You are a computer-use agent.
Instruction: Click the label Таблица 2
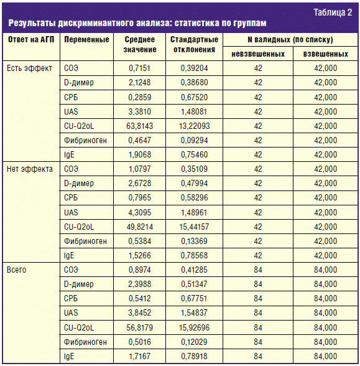tap(333, 12)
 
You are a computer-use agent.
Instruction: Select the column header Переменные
tap(86, 39)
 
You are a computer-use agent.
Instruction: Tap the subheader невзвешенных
tap(258, 54)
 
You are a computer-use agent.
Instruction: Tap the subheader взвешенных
tap(326, 54)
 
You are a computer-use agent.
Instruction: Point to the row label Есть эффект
tap(29, 68)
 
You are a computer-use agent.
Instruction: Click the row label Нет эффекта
tap(30, 169)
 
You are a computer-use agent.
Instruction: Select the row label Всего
tap(16, 270)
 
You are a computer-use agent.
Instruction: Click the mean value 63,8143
tap(140, 126)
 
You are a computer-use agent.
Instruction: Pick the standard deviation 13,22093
tap(194, 126)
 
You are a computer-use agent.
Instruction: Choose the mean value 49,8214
tap(140, 227)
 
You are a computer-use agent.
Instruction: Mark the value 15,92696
tap(194, 327)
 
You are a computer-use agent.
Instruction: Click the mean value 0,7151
tap(140, 68)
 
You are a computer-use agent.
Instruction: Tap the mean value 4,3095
tap(140, 212)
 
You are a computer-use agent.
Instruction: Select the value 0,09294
tap(194, 140)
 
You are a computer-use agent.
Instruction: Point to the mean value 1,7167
tap(140, 356)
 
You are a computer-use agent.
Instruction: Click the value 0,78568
tap(194, 255)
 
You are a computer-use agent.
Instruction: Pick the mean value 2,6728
tap(140, 183)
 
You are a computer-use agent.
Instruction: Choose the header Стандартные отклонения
tap(194, 44)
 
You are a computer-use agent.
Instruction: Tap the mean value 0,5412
tap(140, 298)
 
